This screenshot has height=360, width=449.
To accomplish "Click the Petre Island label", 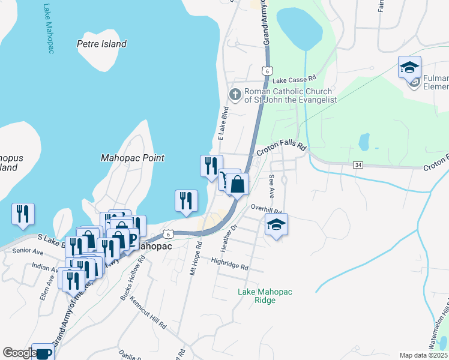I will click(x=102, y=44).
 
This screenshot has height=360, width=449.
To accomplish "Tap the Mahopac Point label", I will click(x=132, y=158).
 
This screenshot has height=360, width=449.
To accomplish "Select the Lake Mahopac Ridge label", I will click(x=265, y=296).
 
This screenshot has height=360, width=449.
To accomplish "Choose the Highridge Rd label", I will click(x=230, y=263).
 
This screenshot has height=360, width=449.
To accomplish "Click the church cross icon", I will click(x=235, y=95).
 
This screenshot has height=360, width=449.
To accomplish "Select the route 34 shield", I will click(x=358, y=164).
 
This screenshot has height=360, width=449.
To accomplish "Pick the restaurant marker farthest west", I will click(x=23, y=214).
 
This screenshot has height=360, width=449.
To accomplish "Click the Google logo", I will click(x=20, y=353).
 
